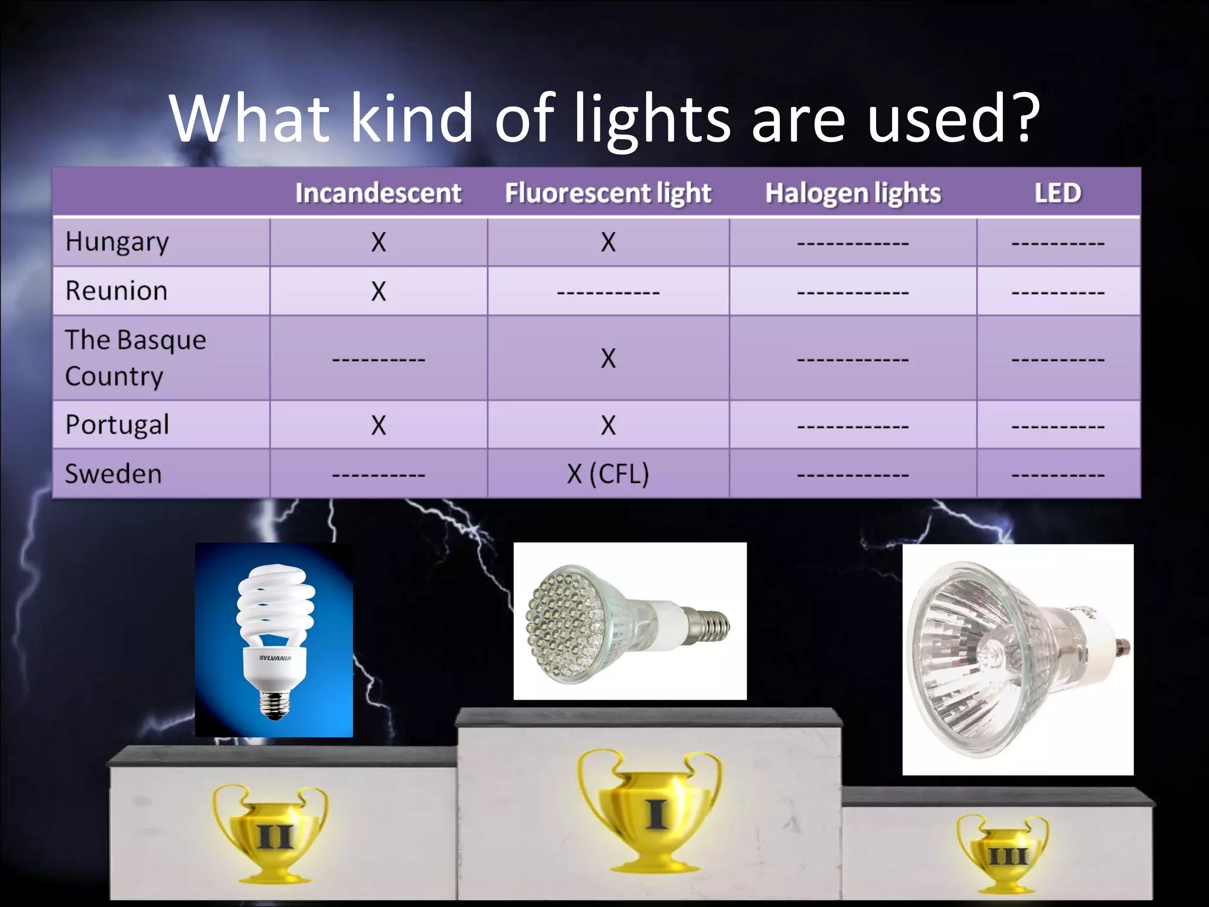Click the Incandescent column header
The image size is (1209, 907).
[378, 193]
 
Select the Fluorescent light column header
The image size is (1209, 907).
[608, 193]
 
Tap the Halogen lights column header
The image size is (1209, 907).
[852, 193]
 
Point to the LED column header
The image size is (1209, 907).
[1057, 193]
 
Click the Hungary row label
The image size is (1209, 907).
[117, 242]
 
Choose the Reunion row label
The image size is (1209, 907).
[116, 291]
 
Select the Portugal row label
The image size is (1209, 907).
[117, 425]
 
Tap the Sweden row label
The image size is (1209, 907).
[113, 474]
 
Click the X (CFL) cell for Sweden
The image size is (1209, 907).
[608, 474]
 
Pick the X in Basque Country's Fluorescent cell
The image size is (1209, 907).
[608, 358]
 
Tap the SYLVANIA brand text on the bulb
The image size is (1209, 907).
[275, 658]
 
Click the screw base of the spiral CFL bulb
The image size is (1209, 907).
[275, 703]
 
